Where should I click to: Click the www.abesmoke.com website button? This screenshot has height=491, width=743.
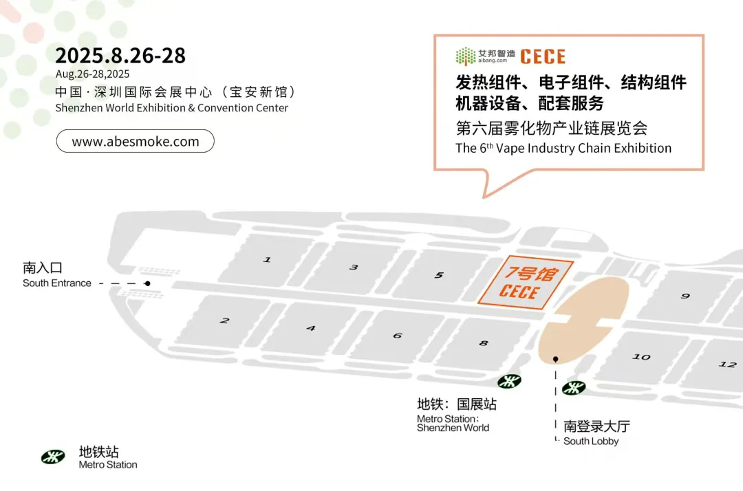135,141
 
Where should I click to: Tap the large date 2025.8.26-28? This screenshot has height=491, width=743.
120,56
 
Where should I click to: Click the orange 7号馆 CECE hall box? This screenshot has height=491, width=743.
526,283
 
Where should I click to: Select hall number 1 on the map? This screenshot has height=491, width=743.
267,259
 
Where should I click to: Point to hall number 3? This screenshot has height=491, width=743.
354,267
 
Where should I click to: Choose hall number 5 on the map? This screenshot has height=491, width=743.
439,275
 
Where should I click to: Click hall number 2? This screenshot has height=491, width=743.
224,320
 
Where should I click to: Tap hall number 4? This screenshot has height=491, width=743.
311,328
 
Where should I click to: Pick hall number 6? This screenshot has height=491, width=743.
398,336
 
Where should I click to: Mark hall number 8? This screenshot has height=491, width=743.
484,343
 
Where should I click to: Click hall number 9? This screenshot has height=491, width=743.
685,296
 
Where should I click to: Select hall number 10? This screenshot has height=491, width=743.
642,356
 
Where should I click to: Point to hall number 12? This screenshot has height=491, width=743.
728,364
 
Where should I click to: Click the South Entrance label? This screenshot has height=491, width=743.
57,275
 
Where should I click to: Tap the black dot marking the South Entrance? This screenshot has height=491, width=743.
147,283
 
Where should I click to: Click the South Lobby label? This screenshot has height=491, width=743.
596,433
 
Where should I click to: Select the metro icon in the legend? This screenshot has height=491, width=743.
53,457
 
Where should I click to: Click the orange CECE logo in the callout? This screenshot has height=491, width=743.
543,57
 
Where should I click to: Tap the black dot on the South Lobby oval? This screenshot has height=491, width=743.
556,360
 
